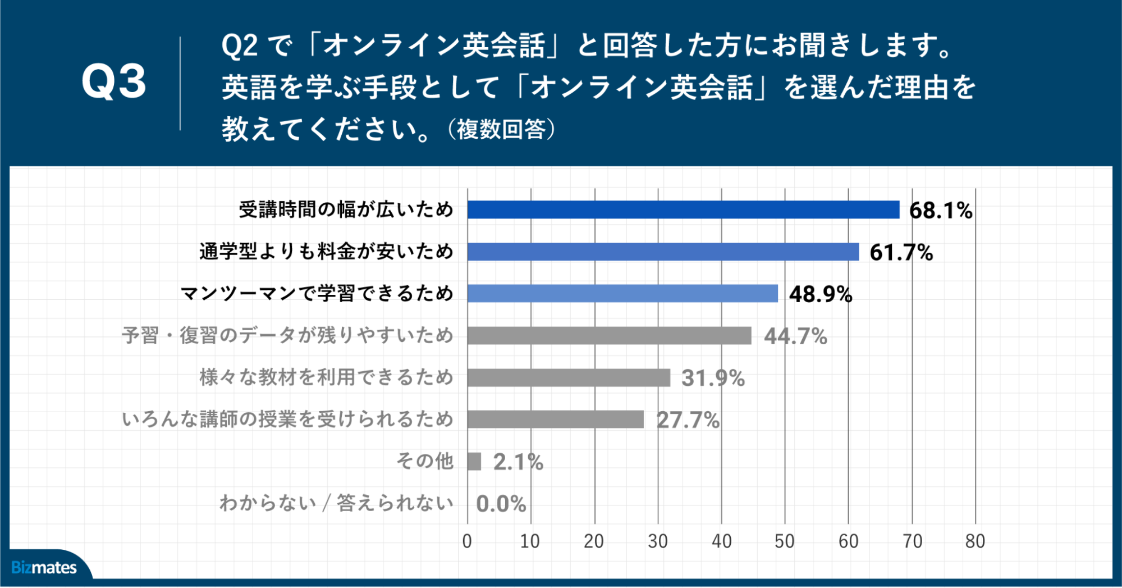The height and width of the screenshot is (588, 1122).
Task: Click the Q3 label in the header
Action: (x=114, y=82)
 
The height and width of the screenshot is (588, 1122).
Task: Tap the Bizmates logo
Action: (x=44, y=567)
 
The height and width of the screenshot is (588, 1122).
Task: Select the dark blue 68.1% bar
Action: (x=683, y=209)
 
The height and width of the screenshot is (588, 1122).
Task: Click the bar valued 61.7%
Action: (x=662, y=252)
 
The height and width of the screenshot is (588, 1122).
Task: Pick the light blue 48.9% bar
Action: (x=622, y=293)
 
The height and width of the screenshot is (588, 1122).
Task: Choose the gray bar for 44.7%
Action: (x=609, y=335)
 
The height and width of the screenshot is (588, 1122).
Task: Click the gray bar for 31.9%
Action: (x=568, y=377)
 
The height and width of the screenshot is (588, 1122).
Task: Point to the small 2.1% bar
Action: (x=474, y=462)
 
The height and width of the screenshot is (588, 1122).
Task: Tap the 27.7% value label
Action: (x=688, y=420)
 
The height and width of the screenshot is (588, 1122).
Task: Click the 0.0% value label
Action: (x=501, y=504)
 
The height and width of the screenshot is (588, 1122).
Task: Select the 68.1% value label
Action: (x=941, y=211)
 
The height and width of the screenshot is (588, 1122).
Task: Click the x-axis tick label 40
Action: (x=721, y=541)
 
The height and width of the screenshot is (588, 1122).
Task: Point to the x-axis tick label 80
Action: (x=975, y=541)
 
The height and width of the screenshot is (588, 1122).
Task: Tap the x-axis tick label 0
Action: (x=467, y=541)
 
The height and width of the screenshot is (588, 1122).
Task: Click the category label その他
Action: (x=425, y=461)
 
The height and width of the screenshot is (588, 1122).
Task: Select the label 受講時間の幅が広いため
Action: (x=346, y=209)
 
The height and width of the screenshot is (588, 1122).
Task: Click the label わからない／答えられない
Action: (x=336, y=503)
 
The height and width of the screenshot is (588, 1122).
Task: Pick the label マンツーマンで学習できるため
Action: (x=317, y=293)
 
